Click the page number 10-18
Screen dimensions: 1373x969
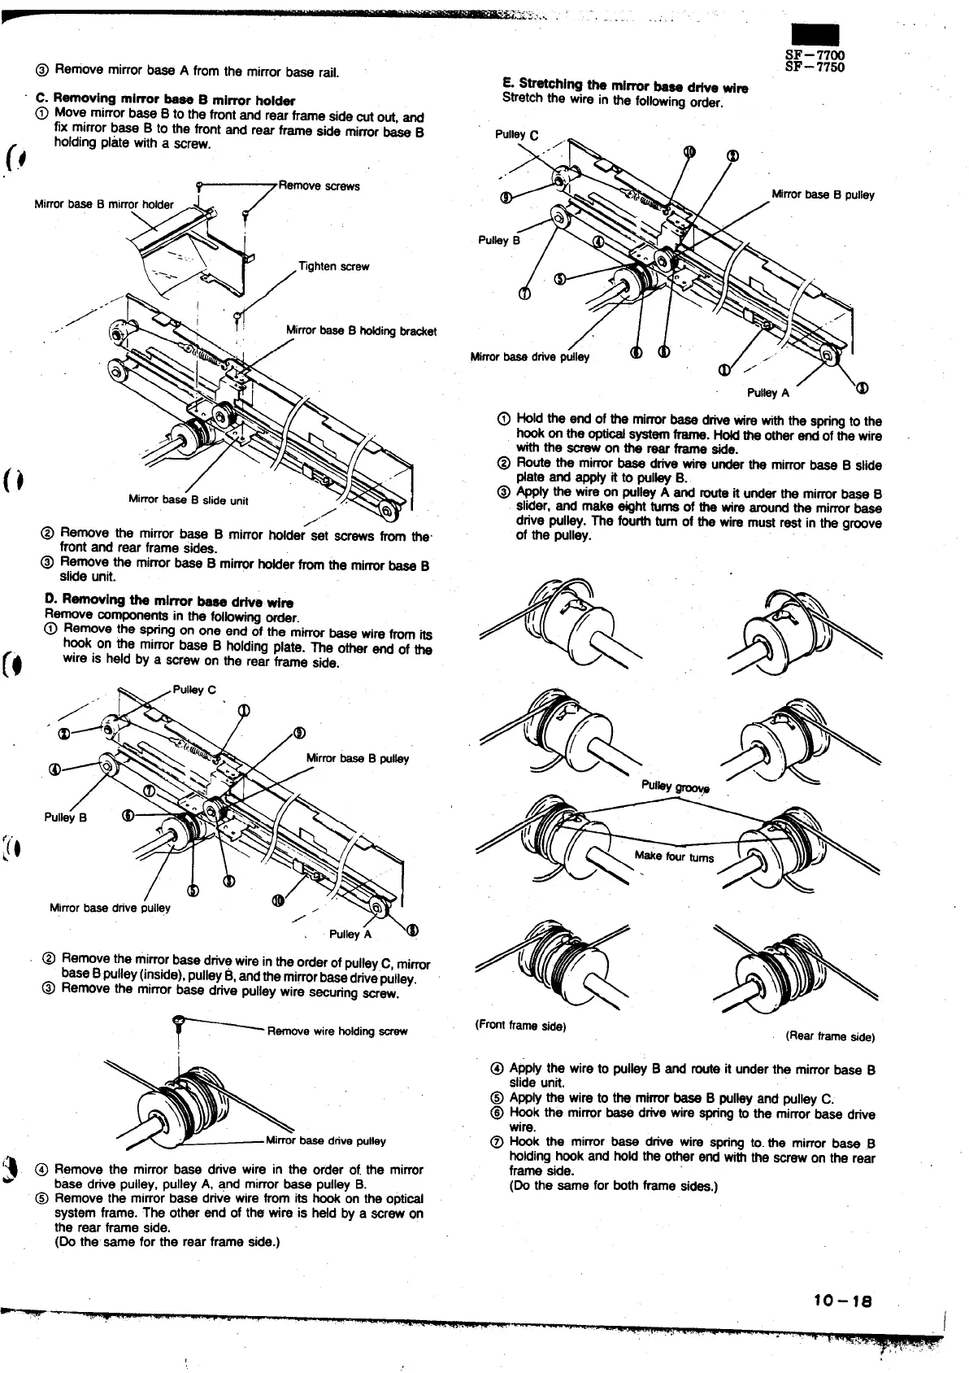[x=842, y=1301]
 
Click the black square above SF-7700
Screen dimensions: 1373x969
[x=815, y=37]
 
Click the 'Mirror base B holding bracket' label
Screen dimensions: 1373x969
[x=361, y=331]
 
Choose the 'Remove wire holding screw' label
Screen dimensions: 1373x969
[x=337, y=1031]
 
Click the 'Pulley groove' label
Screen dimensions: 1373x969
[x=676, y=787]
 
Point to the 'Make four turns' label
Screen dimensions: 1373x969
[x=674, y=856]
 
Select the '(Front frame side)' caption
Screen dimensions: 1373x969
[x=519, y=1026]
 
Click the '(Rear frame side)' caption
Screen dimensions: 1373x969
[x=829, y=1036]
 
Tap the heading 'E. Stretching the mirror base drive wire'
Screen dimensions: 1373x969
[x=625, y=86]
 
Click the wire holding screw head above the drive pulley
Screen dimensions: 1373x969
[x=178, y=1020]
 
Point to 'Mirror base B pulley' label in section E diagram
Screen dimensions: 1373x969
[x=823, y=195]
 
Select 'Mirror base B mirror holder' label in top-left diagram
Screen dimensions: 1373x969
[x=103, y=204]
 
